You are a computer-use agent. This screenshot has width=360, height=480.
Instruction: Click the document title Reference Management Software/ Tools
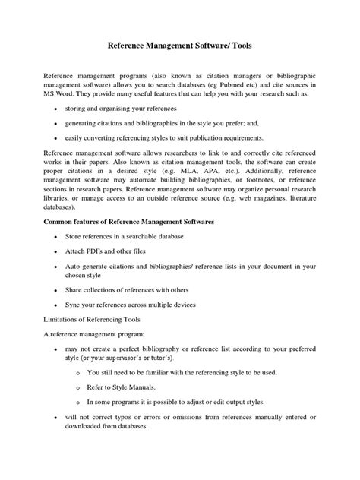tap(180, 46)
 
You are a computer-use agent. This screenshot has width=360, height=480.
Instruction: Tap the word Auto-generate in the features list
tap(93, 266)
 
